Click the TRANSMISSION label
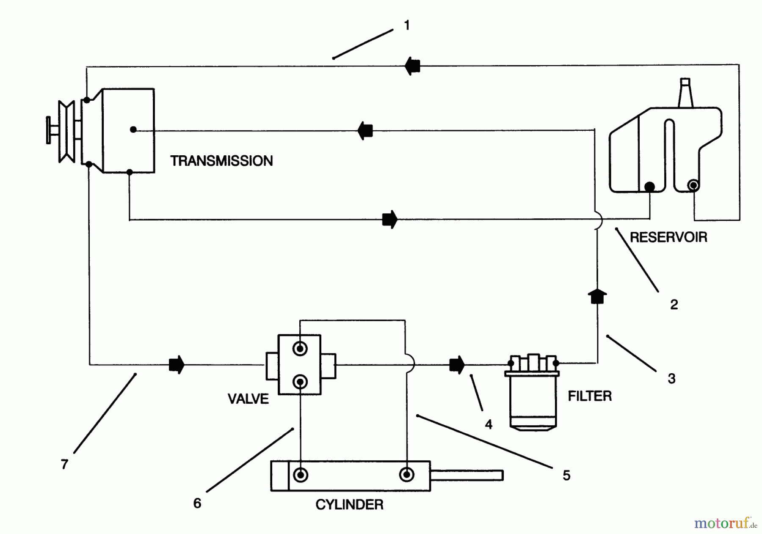tap(221, 161)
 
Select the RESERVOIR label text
tap(668, 237)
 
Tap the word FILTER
tap(590, 396)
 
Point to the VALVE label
tap(248, 399)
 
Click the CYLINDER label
tap(349, 504)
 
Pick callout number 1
tap(407, 26)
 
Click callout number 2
tap(674, 304)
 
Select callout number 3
tap(671, 378)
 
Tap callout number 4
tap(489, 424)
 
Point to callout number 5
tap(566, 475)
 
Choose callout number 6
tap(197, 503)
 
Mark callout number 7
tap(64, 465)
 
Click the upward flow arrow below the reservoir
tap(597, 296)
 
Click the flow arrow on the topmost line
tap(412, 66)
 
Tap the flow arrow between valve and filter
tap(457, 364)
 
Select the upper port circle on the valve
tap(300, 349)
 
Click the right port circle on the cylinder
tap(406, 475)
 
